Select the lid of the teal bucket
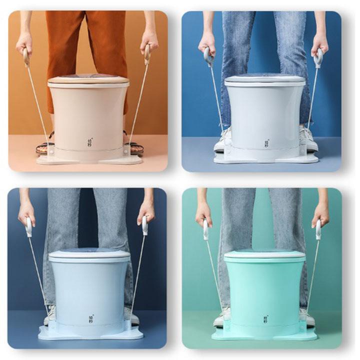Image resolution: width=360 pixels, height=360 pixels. pos(264,254)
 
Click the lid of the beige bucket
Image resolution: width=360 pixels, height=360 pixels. pos(88,79)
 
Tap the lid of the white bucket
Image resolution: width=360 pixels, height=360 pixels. pos(264,78)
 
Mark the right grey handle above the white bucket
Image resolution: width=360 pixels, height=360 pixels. pos(318,57)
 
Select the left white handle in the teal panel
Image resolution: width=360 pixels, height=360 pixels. pos(205,229)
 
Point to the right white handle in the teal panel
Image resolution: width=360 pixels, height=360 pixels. pos(318,229)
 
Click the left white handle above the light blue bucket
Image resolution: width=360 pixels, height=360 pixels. pos(29,226)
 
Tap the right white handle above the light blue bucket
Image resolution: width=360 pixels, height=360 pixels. pos(145,225)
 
